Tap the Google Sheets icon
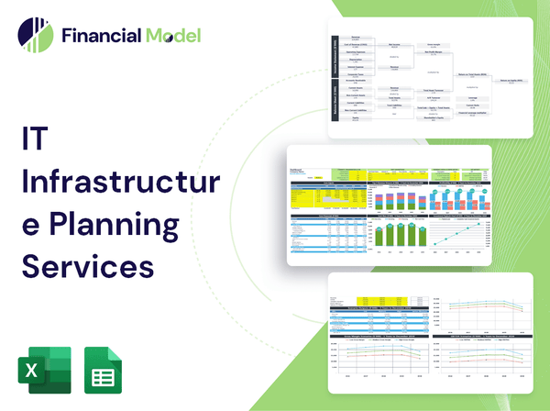click(102, 371)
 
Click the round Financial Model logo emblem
click(35, 36)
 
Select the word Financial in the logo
click(100, 36)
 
